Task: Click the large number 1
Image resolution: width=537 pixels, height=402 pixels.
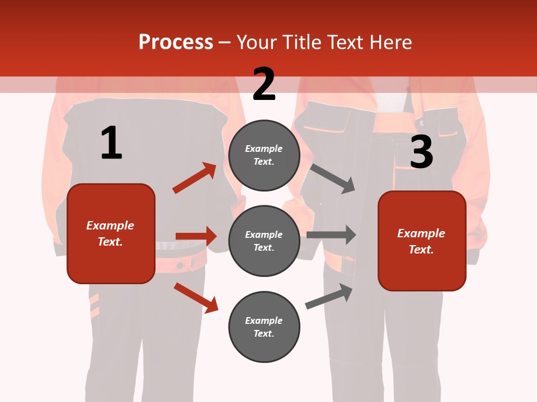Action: tap(111, 143)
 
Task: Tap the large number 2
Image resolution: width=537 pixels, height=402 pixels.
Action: tap(264, 84)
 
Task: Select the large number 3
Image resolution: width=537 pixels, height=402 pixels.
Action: tap(422, 152)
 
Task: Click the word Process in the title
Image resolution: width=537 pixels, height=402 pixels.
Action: tap(176, 42)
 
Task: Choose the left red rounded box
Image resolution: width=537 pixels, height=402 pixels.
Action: tap(111, 233)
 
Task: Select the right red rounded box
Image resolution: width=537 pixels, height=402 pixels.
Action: tap(422, 241)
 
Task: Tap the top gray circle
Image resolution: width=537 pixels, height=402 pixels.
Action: tap(264, 155)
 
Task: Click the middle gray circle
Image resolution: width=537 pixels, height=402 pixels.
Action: tap(264, 241)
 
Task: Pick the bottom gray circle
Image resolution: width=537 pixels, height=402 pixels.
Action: tap(264, 327)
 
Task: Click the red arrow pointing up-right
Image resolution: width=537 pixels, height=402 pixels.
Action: tap(195, 178)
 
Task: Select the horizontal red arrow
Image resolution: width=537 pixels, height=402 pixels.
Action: tap(196, 236)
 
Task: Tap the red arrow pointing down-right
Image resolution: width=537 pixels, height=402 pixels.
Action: tap(196, 298)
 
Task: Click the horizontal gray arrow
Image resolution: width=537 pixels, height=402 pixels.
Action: tap(331, 235)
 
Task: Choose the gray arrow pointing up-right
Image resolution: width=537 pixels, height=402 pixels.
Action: tap(329, 296)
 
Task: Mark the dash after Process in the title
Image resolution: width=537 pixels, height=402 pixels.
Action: tap(225, 42)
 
